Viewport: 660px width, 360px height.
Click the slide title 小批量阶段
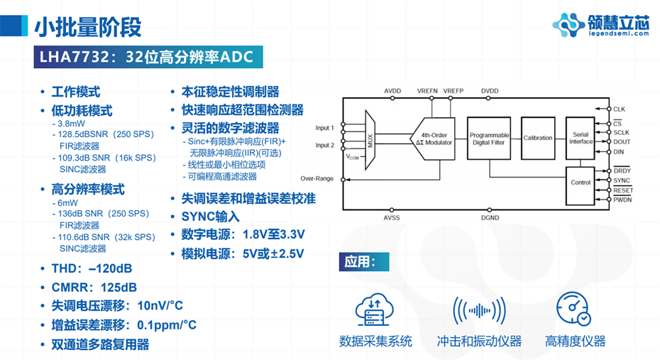88,26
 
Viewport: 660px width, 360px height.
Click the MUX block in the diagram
370,139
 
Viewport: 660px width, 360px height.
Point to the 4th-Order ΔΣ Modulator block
435,139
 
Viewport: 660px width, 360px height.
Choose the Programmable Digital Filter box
489,138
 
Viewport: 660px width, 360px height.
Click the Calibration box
537,138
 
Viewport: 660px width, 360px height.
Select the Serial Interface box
581,138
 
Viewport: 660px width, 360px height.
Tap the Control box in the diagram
581,182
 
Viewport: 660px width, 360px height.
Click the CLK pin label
619,109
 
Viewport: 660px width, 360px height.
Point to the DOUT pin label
621,142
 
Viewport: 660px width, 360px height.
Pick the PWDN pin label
622,200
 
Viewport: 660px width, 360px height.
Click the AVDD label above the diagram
392,92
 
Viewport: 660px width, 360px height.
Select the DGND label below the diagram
490,217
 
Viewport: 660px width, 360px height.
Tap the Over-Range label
317,179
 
